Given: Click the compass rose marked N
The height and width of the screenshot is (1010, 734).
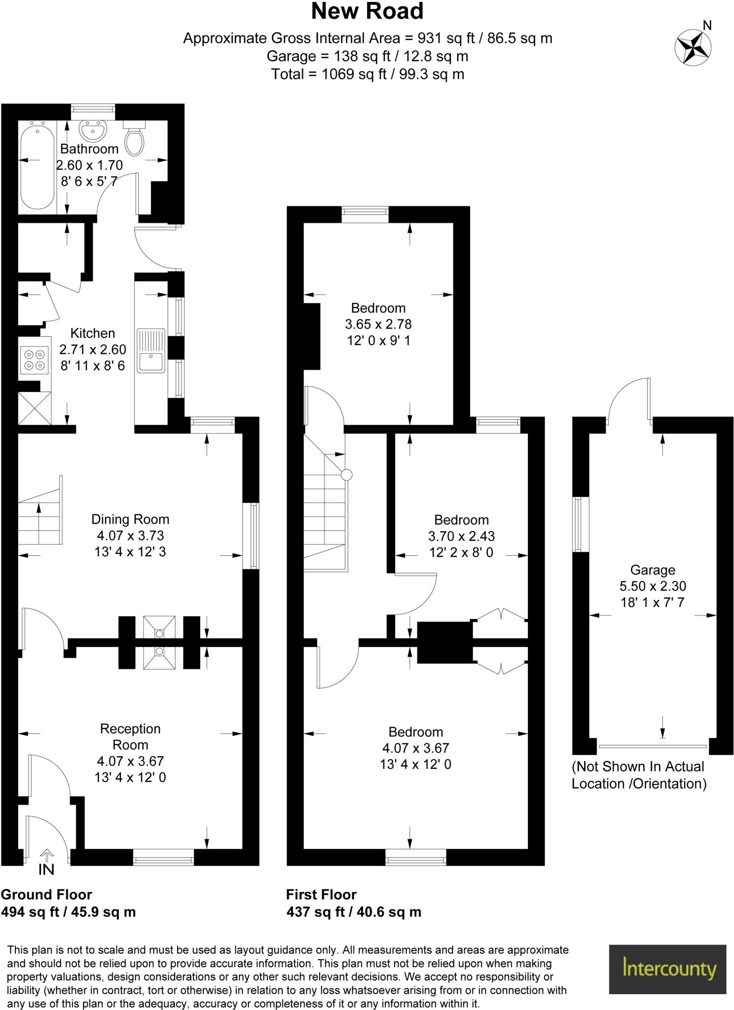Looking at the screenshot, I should (x=693, y=47).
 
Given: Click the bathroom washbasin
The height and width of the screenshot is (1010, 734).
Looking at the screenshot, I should (x=92, y=131).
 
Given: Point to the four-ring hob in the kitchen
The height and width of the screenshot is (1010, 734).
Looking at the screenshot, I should (x=35, y=360).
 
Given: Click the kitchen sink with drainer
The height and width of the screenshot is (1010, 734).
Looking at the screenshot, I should (x=150, y=351).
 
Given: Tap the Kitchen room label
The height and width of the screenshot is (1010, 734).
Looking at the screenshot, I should (x=92, y=333).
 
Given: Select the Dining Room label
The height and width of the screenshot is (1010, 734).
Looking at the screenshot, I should (x=130, y=519).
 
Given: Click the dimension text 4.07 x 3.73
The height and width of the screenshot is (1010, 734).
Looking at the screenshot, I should (x=130, y=536).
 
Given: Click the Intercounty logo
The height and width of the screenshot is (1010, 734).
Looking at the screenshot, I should (x=667, y=969).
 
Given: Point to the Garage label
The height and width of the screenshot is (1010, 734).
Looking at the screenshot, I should (x=653, y=570).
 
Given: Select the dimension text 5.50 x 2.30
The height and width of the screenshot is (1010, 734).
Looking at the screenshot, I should (x=653, y=586).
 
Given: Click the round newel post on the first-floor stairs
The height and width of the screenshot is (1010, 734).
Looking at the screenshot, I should (x=347, y=474).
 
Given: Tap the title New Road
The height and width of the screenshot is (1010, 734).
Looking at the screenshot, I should (x=367, y=12).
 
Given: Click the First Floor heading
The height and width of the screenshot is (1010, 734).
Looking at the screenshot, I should (x=321, y=895).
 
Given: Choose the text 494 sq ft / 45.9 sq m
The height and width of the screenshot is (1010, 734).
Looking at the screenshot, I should (x=68, y=912).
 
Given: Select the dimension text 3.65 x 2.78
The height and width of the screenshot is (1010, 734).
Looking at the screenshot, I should (x=378, y=325).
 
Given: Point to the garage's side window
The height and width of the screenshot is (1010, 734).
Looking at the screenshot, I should (x=581, y=524).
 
